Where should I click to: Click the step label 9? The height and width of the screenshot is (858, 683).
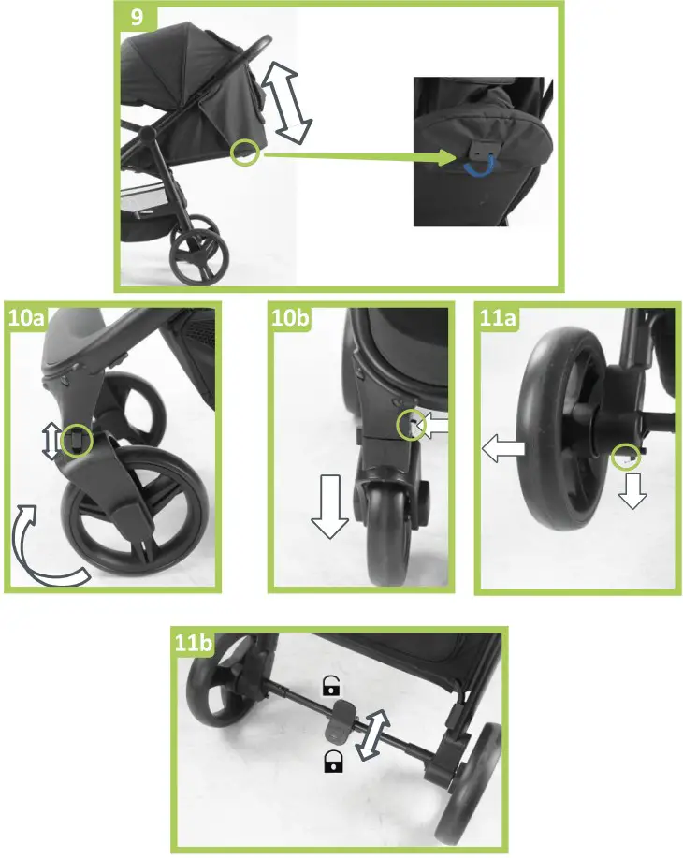tap(137, 18)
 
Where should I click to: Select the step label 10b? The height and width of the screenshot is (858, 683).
tap(288, 318)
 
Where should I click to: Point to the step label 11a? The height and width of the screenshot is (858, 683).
tap(496, 318)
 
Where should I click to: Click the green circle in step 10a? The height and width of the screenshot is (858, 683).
tap(78, 436)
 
